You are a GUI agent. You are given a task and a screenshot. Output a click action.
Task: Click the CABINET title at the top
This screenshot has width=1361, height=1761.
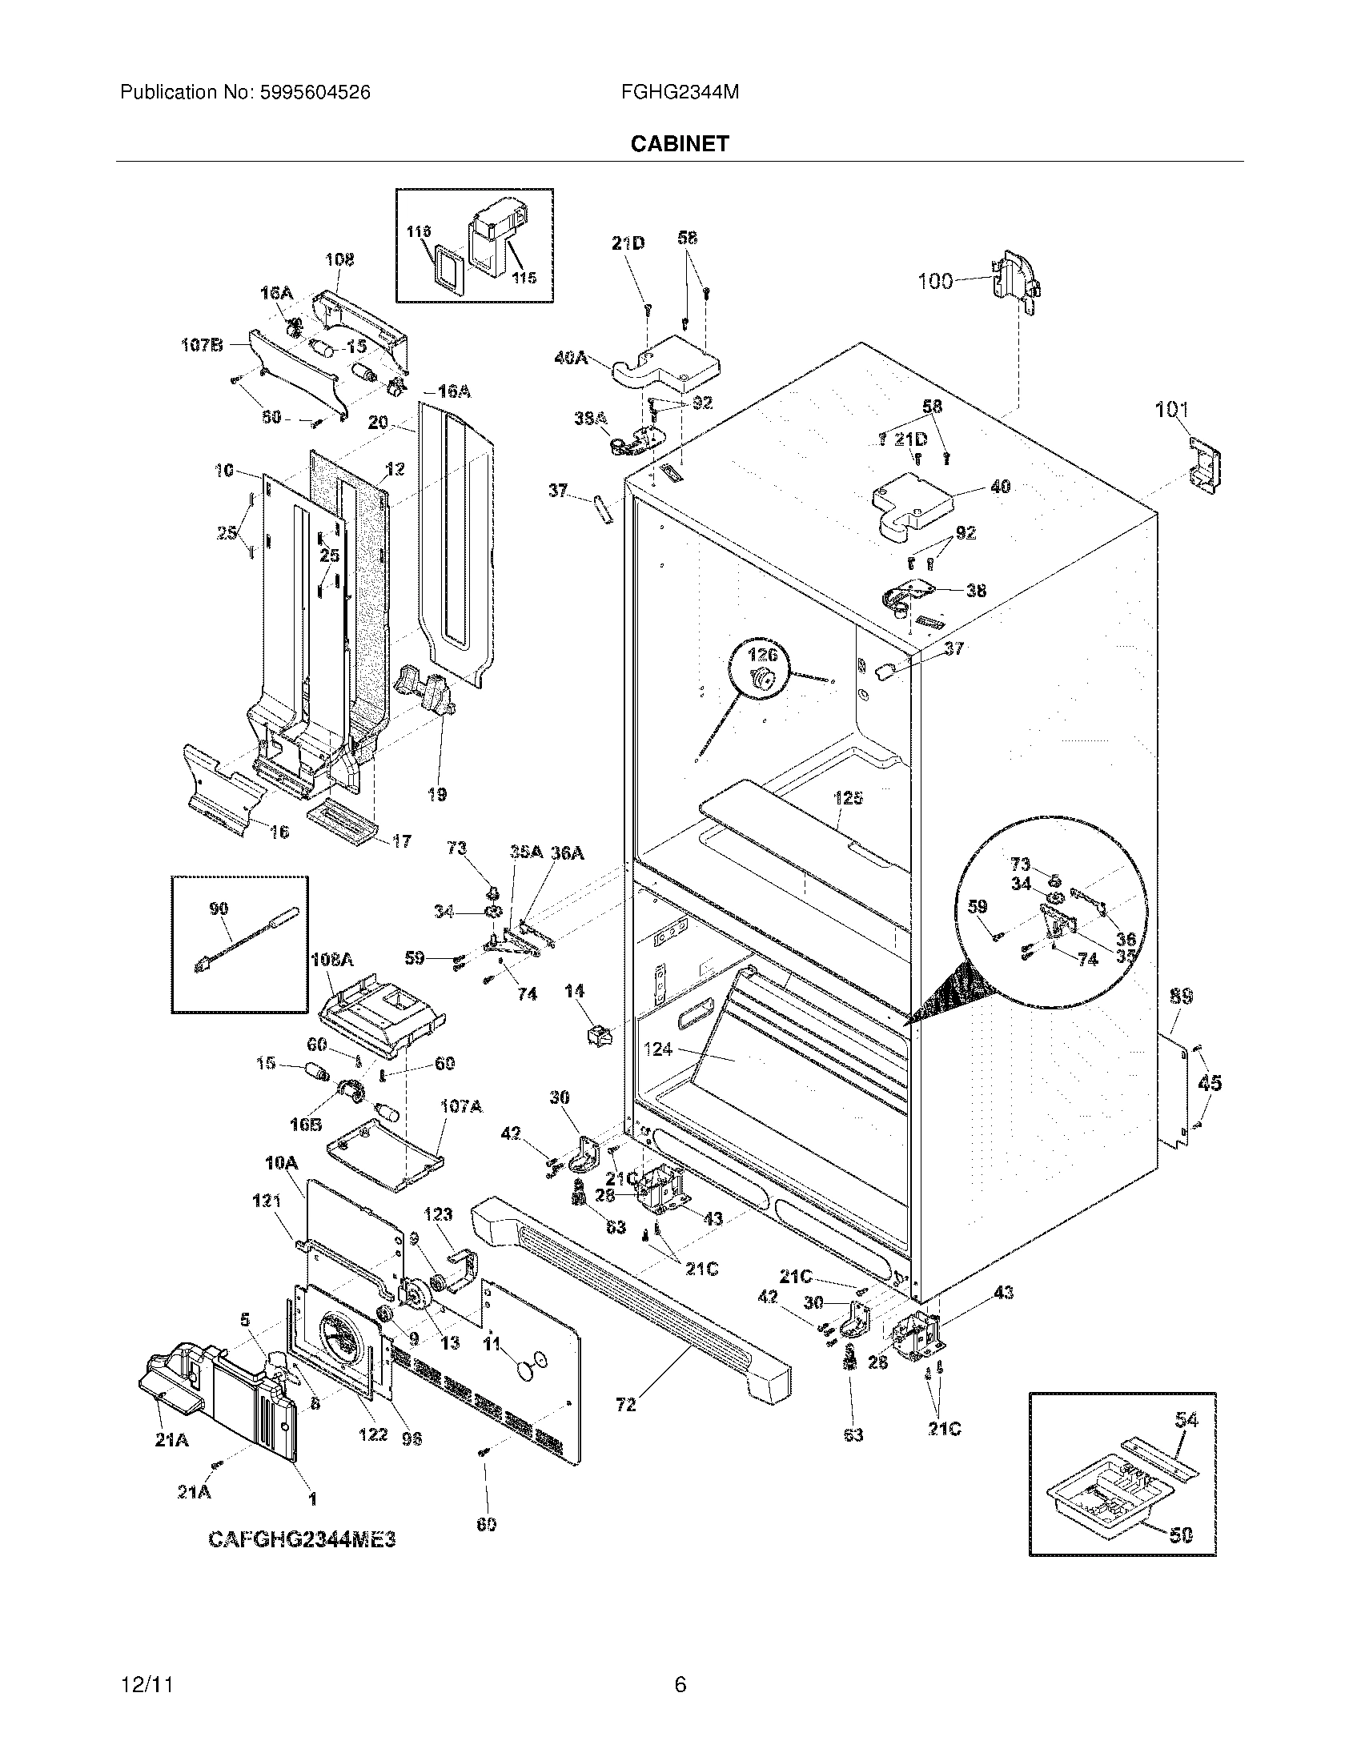(x=679, y=143)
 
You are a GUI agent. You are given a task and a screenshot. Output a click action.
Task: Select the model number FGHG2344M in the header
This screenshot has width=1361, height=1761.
(x=680, y=93)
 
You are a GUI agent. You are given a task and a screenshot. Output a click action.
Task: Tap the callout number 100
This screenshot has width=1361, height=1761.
(x=935, y=282)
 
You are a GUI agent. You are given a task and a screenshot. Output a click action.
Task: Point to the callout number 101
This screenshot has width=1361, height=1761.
(x=1171, y=410)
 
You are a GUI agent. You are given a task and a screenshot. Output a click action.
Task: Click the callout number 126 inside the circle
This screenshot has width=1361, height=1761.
(x=762, y=656)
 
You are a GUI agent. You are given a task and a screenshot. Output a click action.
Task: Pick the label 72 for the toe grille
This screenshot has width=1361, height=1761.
(x=626, y=1404)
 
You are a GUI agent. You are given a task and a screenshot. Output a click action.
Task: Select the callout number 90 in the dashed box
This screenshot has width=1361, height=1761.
(x=219, y=909)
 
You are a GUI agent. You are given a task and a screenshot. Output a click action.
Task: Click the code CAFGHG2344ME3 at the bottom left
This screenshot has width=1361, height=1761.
(x=303, y=1539)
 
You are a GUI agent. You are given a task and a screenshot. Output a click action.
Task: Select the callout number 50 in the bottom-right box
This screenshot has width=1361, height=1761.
(x=1180, y=1535)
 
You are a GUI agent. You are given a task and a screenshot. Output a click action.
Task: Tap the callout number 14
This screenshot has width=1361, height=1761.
(x=574, y=991)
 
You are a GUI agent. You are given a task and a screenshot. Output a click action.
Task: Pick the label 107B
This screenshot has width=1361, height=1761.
(x=201, y=345)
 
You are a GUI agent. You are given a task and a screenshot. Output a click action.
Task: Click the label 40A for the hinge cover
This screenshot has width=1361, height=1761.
(x=571, y=357)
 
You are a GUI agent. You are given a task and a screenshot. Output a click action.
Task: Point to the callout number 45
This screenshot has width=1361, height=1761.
(x=1210, y=1083)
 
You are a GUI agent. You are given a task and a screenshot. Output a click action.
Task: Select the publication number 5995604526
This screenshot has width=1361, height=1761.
(x=313, y=93)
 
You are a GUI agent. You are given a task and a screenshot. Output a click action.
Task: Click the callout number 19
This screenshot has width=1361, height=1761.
(x=437, y=794)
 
